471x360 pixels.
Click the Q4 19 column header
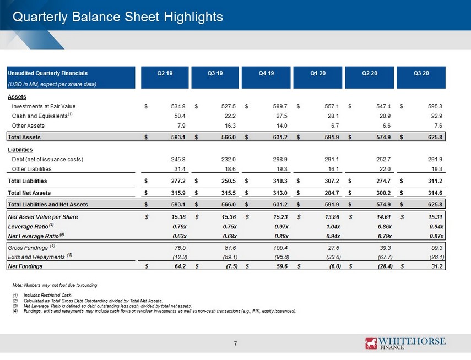coord(266,73)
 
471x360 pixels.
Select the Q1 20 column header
coord(318,73)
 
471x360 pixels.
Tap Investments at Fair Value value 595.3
coord(435,106)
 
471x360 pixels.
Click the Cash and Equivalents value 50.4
coord(180,116)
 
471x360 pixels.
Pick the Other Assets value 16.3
coord(230,126)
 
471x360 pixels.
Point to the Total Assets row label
coord(24,137)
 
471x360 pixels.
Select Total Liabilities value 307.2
coord(332,181)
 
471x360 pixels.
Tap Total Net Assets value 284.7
coord(332,193)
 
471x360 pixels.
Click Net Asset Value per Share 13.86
coord(332,217)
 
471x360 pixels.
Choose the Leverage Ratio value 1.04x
coord(333,226)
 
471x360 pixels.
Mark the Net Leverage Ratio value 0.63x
coord(180,236)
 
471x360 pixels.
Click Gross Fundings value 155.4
coord(281,248)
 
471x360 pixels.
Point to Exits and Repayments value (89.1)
coord(230,257)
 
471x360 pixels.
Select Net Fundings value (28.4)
coord(385,266)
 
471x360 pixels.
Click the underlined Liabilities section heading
coord(20,150)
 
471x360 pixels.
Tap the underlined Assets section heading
coord(17,97)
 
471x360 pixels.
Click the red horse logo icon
coord(371,343)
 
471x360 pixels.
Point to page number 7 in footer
coord(236,344)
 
